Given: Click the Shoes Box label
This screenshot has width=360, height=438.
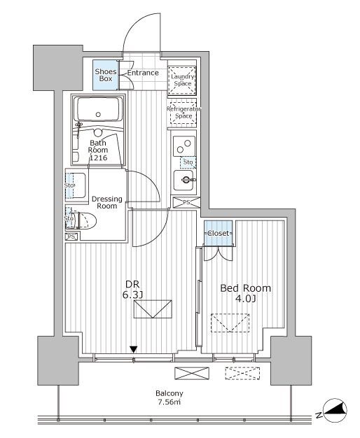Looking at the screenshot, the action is tap(106, 75).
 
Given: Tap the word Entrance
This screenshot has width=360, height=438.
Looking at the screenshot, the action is tap(143, 73).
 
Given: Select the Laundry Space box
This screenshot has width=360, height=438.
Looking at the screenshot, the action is tap(182, 80).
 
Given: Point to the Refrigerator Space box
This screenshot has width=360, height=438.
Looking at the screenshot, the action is tap(183, 112).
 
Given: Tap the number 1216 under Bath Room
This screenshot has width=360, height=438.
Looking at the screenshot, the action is tap(98, 158).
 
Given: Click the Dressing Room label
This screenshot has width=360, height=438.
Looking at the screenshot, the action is tap(107, 202).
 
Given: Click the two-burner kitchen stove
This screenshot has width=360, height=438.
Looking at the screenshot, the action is tap(184, 146).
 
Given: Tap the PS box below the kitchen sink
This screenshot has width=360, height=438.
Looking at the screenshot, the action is tap(186, 202).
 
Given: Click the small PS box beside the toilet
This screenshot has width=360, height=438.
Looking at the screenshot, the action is tap(72, 236).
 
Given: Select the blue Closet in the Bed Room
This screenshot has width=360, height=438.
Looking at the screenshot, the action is tap(219, 233).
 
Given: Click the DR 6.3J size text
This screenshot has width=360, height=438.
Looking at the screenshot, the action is tap(132, 290).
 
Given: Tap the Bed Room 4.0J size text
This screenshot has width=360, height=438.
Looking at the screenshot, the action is tap(246, 293).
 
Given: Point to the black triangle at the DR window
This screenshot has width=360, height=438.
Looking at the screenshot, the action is tap(134, 349).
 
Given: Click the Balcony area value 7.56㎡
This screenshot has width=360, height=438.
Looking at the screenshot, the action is tap(169, 402).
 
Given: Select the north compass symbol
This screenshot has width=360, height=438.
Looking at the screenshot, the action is tap(335, 410).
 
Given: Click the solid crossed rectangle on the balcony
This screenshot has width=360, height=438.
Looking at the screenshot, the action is tap(192, 374).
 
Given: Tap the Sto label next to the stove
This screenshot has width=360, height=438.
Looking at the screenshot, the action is tap(188, 162).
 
